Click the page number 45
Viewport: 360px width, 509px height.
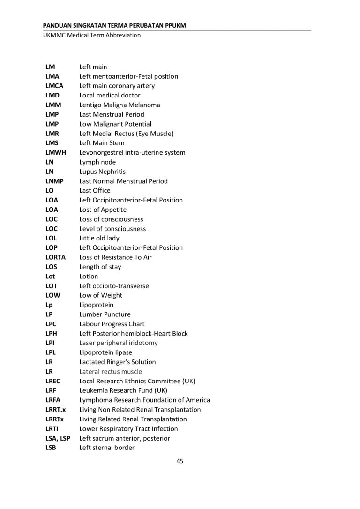click(180, 461)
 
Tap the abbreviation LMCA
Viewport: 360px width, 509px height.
click(54, 86)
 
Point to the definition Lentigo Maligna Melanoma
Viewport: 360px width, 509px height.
click(120, 105)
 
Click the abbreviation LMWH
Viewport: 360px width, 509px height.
click(56, 152)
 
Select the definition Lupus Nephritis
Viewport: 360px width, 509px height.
click(102, 172)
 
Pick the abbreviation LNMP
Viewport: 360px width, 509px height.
click(55, 181)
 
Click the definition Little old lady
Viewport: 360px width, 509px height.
click(99, 238)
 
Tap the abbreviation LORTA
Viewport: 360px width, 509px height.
click(56, 257)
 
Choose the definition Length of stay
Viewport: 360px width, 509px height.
click(100, 267)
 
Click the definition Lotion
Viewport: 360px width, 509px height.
click(89, 277)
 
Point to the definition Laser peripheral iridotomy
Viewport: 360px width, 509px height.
click(119, 343)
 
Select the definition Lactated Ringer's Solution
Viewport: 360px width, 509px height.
click(118, 362)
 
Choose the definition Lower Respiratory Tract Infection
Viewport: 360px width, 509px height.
click(129, 429)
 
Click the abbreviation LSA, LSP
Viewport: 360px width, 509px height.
click(58, 438)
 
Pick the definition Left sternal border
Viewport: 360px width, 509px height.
click(107, 448)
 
